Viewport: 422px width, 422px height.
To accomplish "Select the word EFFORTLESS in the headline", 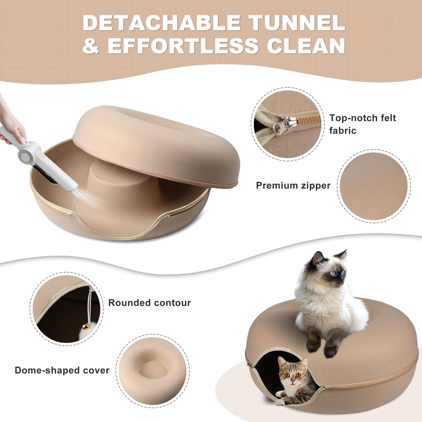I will [x=183, y=46].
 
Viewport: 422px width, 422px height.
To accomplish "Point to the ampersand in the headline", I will [x=91, y=46].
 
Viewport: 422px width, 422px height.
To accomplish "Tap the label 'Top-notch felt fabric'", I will [x=362, y=124].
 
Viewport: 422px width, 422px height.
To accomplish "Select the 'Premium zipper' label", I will [x=293, y=186].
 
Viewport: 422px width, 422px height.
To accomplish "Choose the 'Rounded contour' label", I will [x=149, y=303].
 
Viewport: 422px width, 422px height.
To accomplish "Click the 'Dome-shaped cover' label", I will [x=62, y=370].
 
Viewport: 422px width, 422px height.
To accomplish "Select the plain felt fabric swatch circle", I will [x=374, y=186].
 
